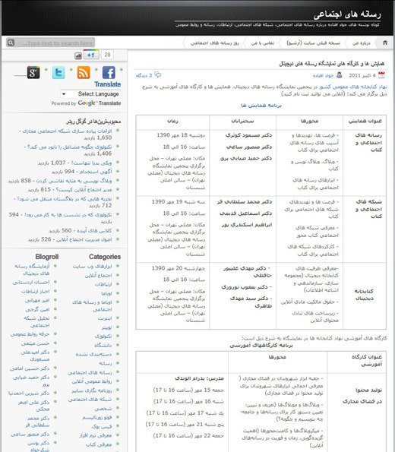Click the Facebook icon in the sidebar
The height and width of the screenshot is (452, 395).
point(109,73)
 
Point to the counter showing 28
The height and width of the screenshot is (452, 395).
point(108,55)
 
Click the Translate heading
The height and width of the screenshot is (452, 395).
point(107,84)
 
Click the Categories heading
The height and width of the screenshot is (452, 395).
point(105,257)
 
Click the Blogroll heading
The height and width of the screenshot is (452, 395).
point(46,257)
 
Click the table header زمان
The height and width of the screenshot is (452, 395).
point(168,121)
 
